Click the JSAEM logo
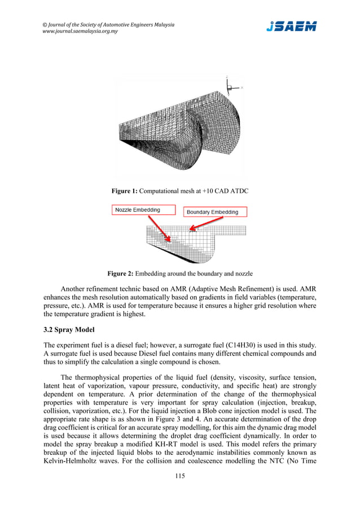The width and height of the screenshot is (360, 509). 291,27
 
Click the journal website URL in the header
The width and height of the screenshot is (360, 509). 80,32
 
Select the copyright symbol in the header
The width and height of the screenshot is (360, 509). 45,25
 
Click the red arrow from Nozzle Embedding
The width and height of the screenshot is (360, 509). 158,228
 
